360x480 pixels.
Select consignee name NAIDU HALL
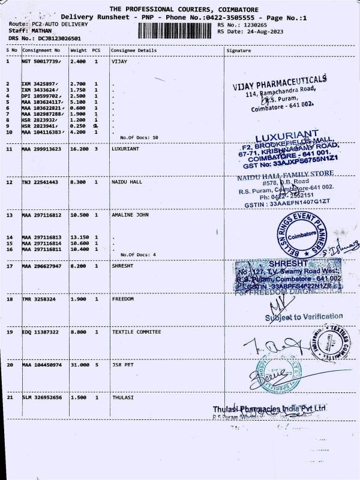(x=126, y=181)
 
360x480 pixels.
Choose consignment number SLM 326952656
(x=41, y=397)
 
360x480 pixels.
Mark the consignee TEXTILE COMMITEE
(x=136, y=331)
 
